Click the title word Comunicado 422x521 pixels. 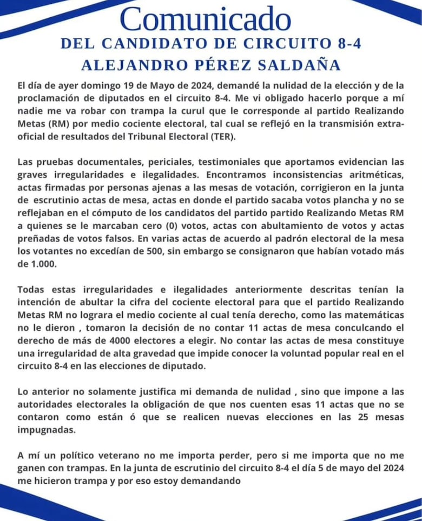[205, 19]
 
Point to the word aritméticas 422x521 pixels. [375, 175]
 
